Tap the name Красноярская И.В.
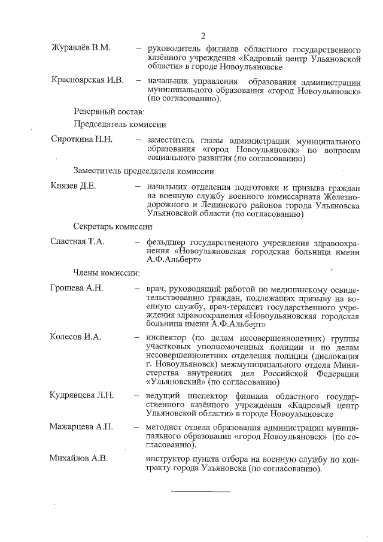pos(86,81)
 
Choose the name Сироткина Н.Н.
pos(81,139)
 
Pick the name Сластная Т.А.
pos(78,241)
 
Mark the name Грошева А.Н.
pos(77,288)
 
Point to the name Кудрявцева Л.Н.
pos(82,395)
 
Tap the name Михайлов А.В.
pos(79,459)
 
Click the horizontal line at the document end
pos(201,492)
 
